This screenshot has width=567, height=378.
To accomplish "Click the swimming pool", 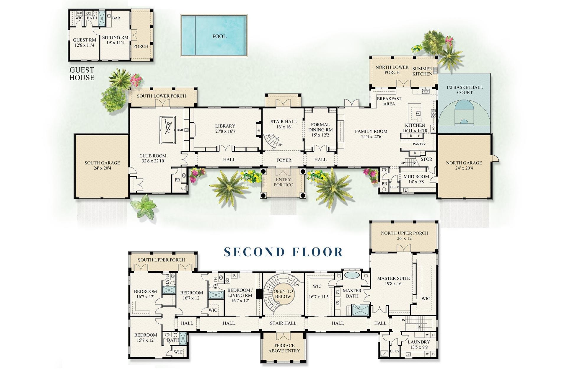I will point(214,35).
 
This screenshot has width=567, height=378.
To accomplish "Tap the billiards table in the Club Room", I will point(167,130).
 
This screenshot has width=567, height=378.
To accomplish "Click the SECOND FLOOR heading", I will point(283,252).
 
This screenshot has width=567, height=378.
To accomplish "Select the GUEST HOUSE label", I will point(82,74).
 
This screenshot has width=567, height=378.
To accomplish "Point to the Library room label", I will point(225,126).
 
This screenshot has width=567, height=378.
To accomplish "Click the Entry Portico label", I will point(284,182).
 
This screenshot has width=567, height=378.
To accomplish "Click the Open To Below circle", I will point(283,294).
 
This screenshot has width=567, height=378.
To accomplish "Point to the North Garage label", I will point(464,163).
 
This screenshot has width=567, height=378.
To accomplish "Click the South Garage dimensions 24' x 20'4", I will point(102,168).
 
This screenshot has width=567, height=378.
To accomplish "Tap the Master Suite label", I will point(393,278).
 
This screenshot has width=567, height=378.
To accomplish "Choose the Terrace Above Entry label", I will point(284,348).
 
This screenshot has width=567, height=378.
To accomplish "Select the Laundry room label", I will point(419,342).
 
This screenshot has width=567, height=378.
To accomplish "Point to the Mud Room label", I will point(416,177).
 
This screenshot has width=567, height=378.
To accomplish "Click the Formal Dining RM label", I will point(320,127).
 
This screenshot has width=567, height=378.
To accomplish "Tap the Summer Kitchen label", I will point(422,71).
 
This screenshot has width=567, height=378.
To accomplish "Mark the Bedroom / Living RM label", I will point(239,293).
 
